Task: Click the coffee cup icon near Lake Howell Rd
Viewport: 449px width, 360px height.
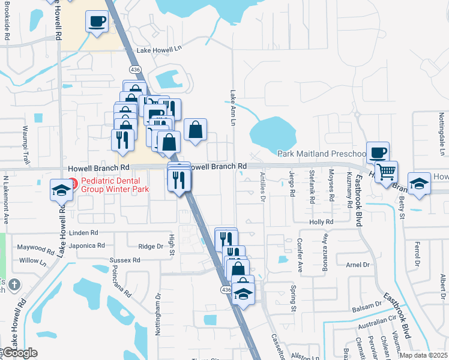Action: (97, 22)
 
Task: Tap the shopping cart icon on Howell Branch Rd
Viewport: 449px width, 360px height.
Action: (386, 172)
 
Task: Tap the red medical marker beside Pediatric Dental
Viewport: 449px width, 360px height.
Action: (73, 182)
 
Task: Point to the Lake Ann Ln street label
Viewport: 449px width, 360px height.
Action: (232, 104)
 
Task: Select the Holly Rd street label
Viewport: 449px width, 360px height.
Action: (321, 222)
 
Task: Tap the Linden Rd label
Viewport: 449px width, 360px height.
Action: (83, 233)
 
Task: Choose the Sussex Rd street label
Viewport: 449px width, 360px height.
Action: (124, 260)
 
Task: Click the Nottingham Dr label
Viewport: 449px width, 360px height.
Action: (158, 311)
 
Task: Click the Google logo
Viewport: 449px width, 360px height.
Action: (19, 353)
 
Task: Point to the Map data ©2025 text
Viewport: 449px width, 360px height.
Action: (423, 355)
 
